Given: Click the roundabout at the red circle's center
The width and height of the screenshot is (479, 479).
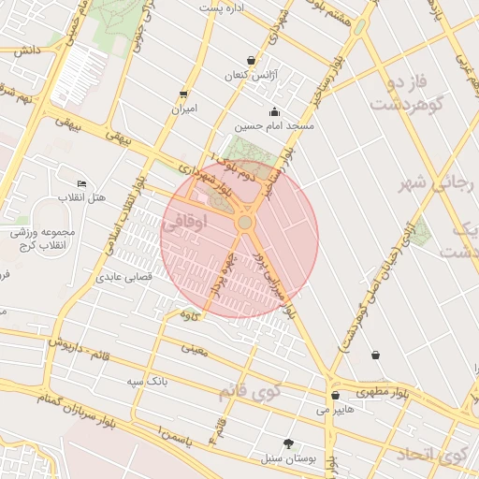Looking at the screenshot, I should point(245,223).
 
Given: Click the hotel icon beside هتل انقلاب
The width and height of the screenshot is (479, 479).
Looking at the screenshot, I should point(81,184).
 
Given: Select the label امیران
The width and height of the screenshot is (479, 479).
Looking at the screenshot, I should point(182,109).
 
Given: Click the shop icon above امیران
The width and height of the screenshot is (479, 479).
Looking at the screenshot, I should point(182,94).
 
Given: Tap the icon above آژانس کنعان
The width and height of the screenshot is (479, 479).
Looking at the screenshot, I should point(251,60).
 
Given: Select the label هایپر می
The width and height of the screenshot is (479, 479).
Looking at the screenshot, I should point(335,409).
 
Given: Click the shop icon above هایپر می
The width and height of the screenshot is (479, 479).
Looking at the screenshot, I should point(335,396).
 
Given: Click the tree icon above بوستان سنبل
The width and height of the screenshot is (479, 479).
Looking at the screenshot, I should point(287,444).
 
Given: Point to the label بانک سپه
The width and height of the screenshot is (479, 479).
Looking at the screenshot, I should point(149,382).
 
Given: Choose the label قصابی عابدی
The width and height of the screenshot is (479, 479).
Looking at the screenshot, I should point(123,277).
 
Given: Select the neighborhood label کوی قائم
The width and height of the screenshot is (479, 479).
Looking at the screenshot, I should point(251,390).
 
